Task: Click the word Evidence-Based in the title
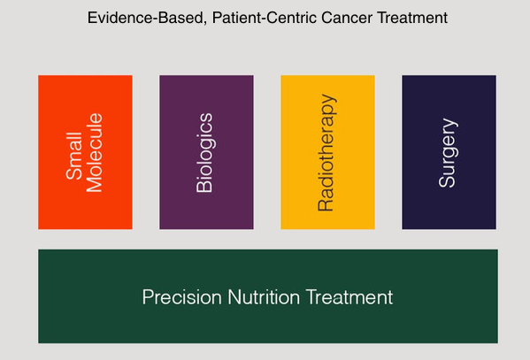click(147, 19)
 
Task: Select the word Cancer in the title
click(347, 18)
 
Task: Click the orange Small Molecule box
click(85, 152)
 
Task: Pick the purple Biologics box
click(206, 152)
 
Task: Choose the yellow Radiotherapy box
click(328, 152)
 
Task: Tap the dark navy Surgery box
click(449, 152)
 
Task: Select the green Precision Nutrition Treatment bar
click(268, 296)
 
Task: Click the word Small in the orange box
click(74, 156)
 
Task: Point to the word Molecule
click(94, 152)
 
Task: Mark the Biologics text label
click(205, 152)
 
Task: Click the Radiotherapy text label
click(326, 152)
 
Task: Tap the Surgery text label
click(449, 152)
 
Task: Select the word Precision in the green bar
click(182, 297)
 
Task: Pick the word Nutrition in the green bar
click(264, 297)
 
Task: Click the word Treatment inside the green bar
click(349, 297)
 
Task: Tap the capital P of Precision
click(148, 297)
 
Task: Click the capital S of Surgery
click(447, 180)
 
